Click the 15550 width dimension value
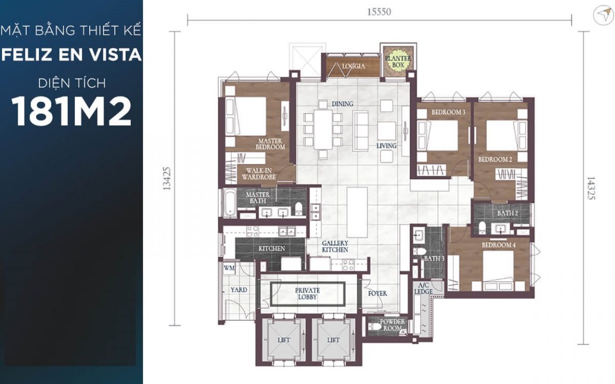tap(379, 12)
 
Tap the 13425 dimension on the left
tap(167, 179)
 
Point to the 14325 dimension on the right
tap(590, 188)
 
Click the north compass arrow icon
tap(603, 15)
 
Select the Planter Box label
tap(398, 61)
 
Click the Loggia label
tap(353, 66)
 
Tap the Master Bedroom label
tap(270, 144)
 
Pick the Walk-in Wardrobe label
tap(259, 174)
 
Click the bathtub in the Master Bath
tap(230, 203)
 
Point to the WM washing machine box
tap(230, 268)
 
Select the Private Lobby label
tap(307, 294)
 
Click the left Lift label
tap(283, 340)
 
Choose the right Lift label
tap(333, 340)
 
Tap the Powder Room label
tap(392, 325)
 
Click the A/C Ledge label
tap(423, 289)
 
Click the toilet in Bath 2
tap(482, 227)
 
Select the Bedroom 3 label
tap(448, 112)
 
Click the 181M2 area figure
tap(72, 111)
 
